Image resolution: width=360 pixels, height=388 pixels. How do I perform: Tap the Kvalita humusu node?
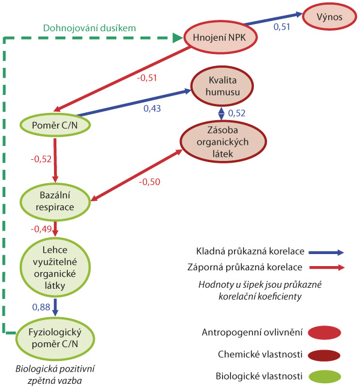pos(220,86)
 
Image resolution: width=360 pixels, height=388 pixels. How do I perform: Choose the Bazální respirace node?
pos(56,201)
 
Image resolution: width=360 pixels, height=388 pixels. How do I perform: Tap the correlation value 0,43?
pos(152,108)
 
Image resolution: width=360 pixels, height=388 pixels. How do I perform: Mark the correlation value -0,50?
pos(149,181)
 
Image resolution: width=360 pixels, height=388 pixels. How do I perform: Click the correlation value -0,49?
pos(41,229)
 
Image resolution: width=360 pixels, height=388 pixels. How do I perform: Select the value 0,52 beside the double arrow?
pos(237,113)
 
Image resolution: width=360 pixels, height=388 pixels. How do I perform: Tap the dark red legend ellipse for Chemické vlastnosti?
pos(323,354)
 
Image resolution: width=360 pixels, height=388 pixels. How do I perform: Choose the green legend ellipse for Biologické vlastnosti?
pos(323,377)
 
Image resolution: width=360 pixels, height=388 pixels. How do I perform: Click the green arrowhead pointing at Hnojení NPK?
pos(178,38)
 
